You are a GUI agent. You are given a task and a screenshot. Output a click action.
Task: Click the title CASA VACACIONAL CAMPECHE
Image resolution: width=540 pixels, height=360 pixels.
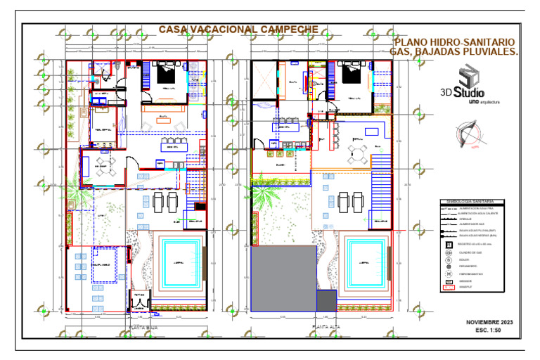238,30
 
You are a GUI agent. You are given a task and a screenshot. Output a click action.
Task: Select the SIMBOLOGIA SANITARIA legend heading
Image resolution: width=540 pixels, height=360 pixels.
470,201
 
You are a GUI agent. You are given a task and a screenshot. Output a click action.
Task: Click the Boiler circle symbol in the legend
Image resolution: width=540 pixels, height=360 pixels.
448,260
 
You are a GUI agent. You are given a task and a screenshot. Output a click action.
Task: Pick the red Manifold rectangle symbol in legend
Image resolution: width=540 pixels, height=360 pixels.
448,287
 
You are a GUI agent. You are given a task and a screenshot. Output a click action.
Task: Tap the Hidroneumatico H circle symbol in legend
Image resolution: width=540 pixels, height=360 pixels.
448,274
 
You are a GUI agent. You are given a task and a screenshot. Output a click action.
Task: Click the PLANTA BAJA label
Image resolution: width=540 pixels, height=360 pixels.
141,327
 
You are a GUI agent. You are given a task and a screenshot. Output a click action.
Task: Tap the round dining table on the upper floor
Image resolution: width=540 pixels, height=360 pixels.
356,154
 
